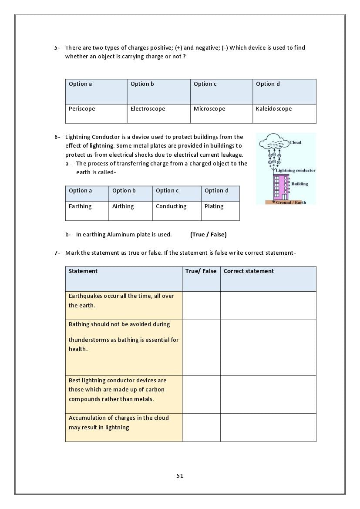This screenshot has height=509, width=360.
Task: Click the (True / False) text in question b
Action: click(208, 235)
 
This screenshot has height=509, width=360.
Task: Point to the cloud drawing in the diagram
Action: click(274, 142)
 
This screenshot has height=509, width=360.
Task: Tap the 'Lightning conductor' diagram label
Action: click(296, 170)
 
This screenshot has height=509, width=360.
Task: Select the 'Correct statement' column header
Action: click(249, 271)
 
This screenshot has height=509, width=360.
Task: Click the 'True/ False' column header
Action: click(201, 271)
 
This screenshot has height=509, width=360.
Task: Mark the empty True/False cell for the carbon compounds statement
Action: click(201, 394)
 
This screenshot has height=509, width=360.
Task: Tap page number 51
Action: click(180, 476)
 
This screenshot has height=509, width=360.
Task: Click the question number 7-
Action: click(57, 253)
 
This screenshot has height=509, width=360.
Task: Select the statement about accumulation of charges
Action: click(119, 422)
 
